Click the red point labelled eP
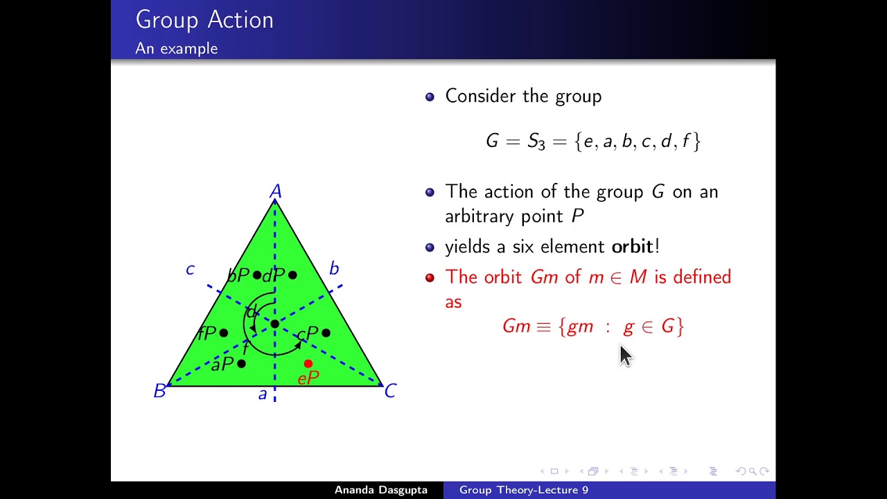(x=308, y=363)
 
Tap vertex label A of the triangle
(x=276, y=191)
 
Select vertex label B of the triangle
(x=159, y=392)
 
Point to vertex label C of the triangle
(x=390, y=392)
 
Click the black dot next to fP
(x=224, y=333)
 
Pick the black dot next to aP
(x=241, y=363)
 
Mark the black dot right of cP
(x=326, y=333)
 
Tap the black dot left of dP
(x=257, y=275)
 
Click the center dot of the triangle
(x=275, y=324)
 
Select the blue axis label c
(x=190, y=269)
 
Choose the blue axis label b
(x=334, y=269)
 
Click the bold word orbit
(x=632, y=247)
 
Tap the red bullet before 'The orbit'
(x=430, y=278)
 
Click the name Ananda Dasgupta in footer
(x=380, y=490)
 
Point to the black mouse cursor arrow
(x=625, y=356)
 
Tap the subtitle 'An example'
(x=177, y=49)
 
